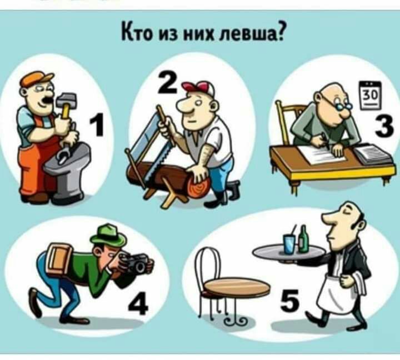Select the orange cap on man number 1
coord(36,78)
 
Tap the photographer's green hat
coord(109,234)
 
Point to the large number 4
coord(138,303)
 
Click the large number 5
coord(289,301)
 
